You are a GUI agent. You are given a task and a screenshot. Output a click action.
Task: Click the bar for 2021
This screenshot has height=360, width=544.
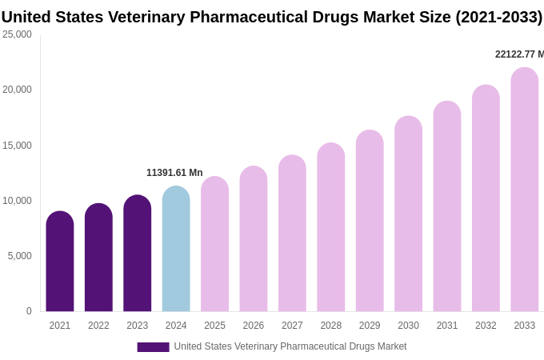60,262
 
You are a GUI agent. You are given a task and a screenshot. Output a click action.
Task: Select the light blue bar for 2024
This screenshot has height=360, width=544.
176,249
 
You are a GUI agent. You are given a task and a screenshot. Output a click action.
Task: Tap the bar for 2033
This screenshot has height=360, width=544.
525,190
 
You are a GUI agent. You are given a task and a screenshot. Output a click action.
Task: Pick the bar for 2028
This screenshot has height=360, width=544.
331,227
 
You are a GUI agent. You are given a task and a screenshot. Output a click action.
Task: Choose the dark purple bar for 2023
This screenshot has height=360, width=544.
138,254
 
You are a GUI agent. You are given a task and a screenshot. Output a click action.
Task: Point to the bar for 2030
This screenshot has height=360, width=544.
408,214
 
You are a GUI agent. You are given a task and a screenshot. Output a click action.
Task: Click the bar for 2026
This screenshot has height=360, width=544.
254,239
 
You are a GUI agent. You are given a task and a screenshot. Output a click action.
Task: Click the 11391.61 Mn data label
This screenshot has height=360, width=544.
174,173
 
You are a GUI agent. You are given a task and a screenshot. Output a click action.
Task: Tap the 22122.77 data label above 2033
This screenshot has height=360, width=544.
518,54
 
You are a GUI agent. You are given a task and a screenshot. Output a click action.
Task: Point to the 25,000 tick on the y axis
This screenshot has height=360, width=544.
17,34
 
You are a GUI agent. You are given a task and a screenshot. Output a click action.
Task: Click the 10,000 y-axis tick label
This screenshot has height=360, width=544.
17,201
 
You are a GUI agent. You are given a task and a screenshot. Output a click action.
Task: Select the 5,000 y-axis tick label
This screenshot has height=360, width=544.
19,256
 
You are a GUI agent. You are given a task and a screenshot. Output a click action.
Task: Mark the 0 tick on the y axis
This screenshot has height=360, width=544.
29,311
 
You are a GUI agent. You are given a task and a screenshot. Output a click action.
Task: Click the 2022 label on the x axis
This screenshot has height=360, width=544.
98,326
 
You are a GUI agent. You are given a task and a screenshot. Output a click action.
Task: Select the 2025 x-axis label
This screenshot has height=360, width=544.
214,326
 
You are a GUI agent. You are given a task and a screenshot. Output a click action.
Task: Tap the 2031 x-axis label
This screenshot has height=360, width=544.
447,326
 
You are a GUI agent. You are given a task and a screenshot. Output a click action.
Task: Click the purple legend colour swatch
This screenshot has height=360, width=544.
153,347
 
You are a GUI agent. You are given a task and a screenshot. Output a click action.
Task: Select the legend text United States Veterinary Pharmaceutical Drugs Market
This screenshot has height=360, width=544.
290,346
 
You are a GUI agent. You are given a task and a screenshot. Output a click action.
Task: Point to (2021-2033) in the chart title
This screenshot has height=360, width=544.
498,17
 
